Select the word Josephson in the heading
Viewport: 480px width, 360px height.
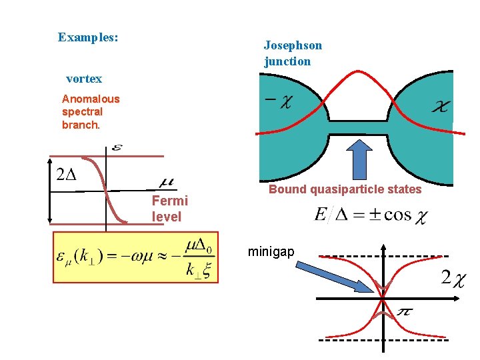click(293, 45)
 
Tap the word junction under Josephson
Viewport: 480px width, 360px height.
click(287, 61)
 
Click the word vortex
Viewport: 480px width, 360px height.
click(84, 79)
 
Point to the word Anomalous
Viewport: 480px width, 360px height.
click(91, 99)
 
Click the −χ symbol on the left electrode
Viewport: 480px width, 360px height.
click(278, 101)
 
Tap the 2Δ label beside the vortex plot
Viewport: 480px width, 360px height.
click(67, 175)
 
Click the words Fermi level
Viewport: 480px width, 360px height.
click(169, 209)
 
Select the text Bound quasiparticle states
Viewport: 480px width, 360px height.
click(345, 189)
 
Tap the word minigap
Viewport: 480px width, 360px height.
click(270, 251)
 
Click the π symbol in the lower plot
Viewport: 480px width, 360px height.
click(404, 312)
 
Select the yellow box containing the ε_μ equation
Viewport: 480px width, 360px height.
click(135, 257)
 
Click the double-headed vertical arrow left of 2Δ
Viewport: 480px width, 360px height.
click(49, 191)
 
